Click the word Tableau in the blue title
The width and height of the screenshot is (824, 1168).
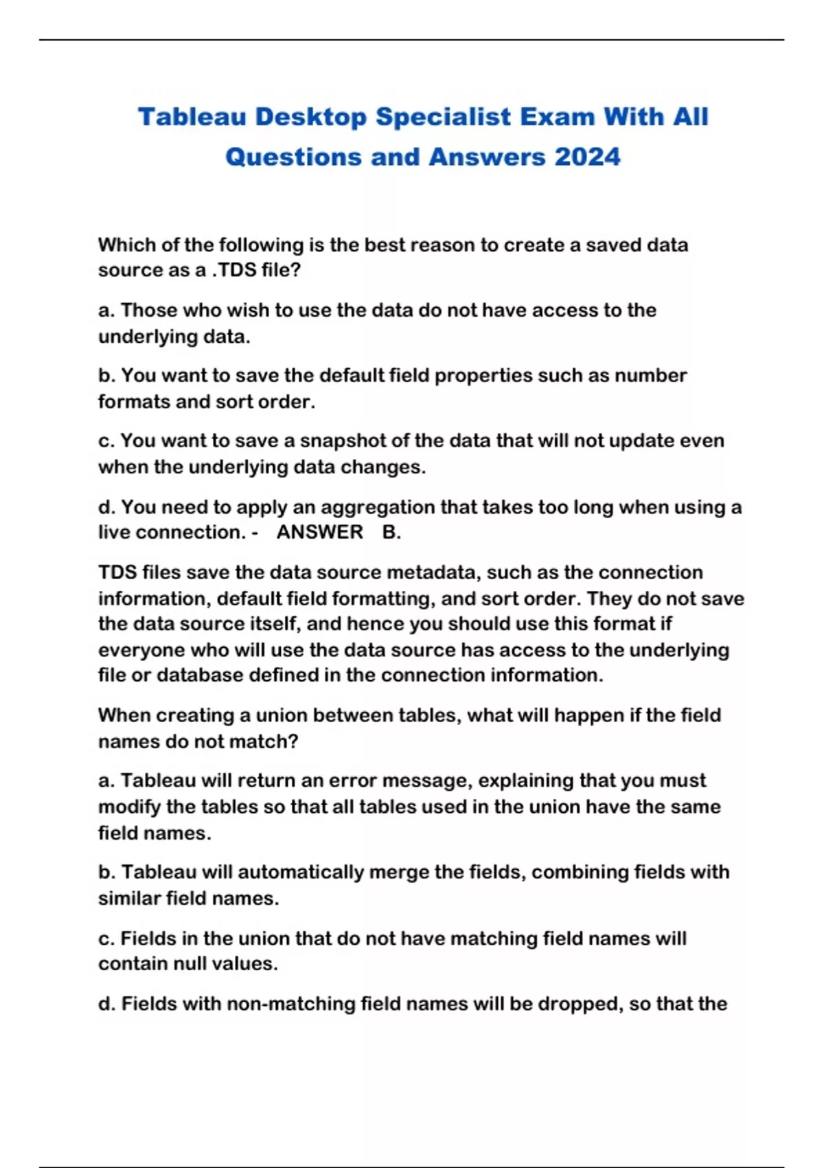click(x=192, y=117)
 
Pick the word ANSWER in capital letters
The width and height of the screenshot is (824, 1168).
click(x=319, y=532)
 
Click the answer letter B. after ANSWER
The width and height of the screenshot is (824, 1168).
click(x=391, y=532)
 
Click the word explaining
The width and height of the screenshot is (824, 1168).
click(x=526, y=780)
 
